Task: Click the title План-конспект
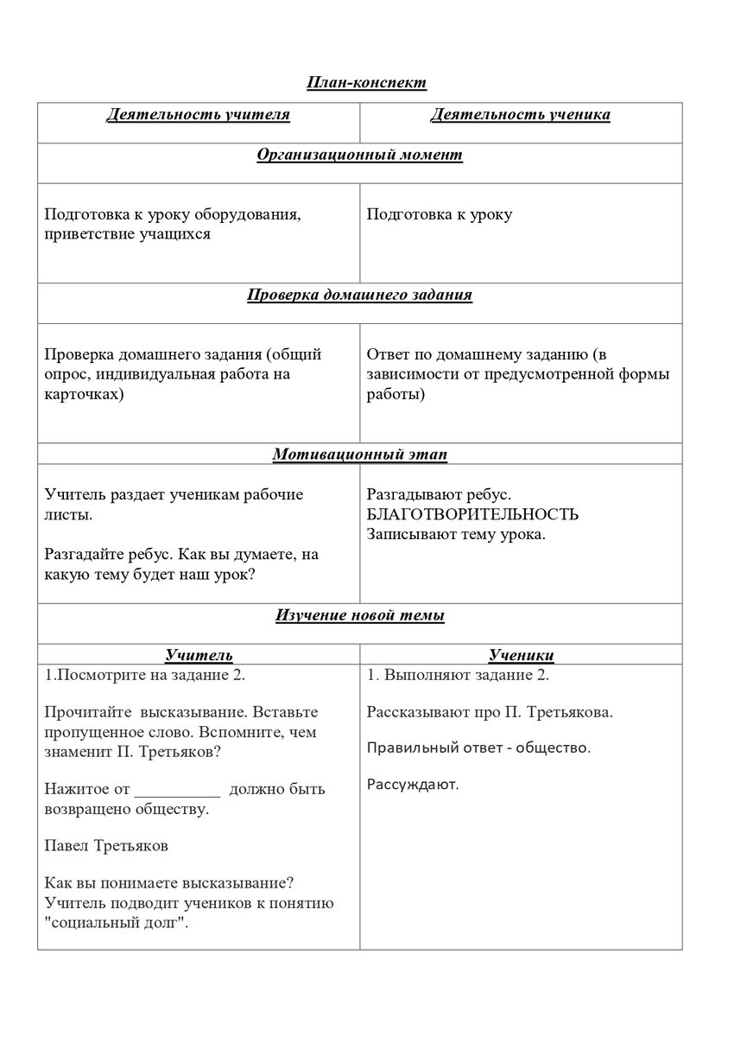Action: tap(366, 83)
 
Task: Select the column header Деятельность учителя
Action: tap(198, 114)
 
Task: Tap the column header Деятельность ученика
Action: tap(520, 115)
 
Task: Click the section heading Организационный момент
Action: tap(359, 155)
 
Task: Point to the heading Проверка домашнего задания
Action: tap(359, 295)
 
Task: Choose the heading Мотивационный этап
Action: tap(359, 454)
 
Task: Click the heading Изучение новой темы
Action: tap(359, 615)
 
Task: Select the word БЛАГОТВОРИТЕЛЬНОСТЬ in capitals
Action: tap(472, 515)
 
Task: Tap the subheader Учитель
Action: tap(199, 655)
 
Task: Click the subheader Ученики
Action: tap(521, 655)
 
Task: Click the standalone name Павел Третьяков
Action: tap(105, 846)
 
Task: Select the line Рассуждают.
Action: tap(413, 785)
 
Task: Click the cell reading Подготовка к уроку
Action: tap(439, 214)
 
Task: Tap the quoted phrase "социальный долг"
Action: tap(117, 922)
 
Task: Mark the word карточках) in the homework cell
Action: tap(84, 395)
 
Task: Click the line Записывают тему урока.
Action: tap(455, 534)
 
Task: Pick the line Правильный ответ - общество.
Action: tap(478, 748)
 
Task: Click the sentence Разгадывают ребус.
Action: tap(439, 496)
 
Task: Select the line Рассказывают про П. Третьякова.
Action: tap(490, 713)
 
